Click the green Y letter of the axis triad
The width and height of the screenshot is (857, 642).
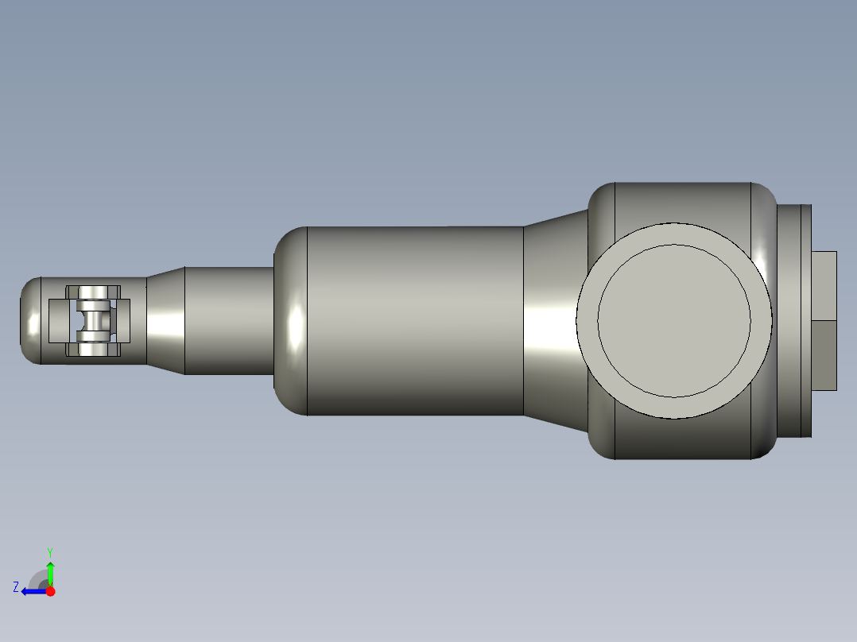point(49,551)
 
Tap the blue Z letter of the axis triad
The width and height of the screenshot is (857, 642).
point(16,587)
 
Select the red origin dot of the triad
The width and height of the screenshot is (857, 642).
point(51,591)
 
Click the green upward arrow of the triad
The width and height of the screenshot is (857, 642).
point(50,572)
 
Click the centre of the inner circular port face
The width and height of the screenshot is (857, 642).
point(673,320)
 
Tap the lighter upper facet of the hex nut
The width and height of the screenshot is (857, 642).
point(825,285)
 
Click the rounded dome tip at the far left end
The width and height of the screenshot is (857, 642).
point(30,320)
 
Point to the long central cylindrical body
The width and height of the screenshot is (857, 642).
point(413,320)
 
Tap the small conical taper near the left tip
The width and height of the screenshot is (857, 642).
point(165,320)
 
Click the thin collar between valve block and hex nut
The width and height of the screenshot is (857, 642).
point(793,320)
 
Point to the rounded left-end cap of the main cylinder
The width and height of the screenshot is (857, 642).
point(290,320)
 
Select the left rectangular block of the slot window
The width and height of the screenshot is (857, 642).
point(60,320)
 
